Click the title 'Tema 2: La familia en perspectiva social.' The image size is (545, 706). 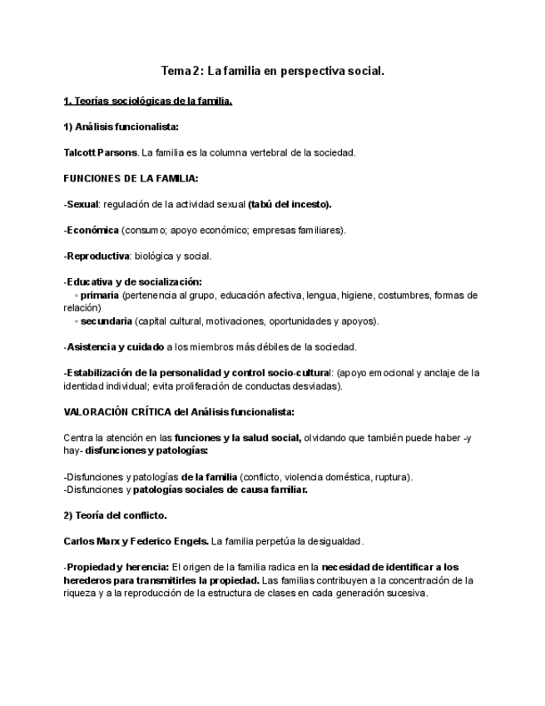pyautogui.click(x=272, y=72)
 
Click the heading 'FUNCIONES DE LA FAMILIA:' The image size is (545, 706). pyautogui.click(x=131, y=178)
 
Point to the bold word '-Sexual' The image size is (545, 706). pyautogui.click(x=81, y=204)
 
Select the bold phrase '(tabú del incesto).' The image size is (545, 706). pyautogui.click(x=290, y=204)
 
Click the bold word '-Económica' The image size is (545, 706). pyautogui.click(x=91, y=230)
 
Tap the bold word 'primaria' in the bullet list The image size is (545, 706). pyautogui.click(x=100, y=295)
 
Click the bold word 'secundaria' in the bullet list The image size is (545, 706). pyautogui.click(x=106, y=321)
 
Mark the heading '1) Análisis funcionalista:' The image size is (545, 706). pyautogui.click(x=121, y=127)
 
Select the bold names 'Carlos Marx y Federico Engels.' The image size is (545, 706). pyautogui.click(x=136, y=541)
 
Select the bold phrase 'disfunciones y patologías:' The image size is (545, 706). pyautogui.click(x=146, y=450)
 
